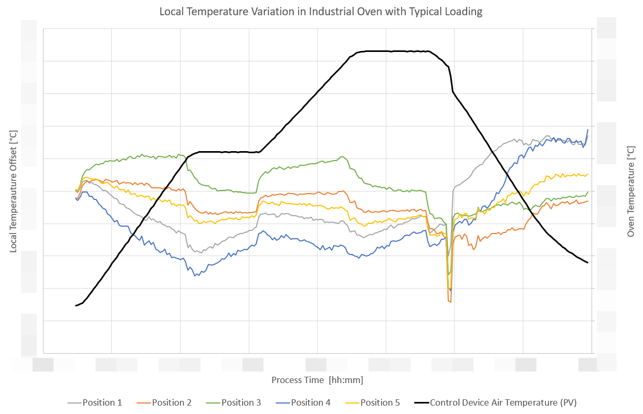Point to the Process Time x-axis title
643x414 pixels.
tap(317, 379)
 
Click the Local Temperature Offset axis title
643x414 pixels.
tap(14, 191)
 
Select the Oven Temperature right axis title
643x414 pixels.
tap(630, 191)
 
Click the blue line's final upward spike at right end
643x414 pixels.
tap(587, 130)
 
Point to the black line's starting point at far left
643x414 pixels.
tap(76, 305)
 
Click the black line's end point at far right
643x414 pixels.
tap(587, 262)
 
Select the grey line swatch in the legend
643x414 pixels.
tap(74, 403)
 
